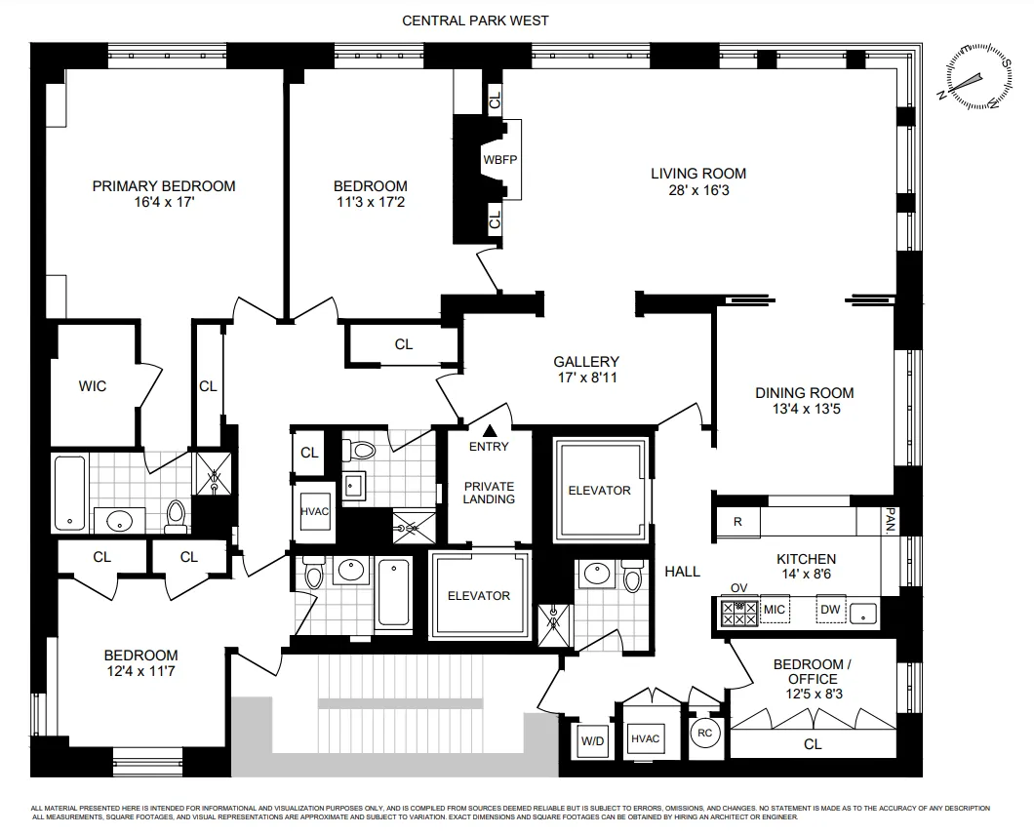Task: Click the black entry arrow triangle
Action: (490, 430)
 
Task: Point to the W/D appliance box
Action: (592, 739)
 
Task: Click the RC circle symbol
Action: (703, 734)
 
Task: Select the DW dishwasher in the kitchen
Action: (830, 611)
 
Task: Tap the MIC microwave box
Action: (775, 611)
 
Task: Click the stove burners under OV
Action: (738, 612)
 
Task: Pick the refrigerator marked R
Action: (737, 522)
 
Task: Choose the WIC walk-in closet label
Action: (93, 386)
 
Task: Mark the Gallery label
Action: (586, 362)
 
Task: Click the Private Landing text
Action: (489, 493)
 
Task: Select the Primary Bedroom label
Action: (164, 186)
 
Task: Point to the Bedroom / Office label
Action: (812, 672)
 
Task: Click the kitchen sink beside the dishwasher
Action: (863, 612)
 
